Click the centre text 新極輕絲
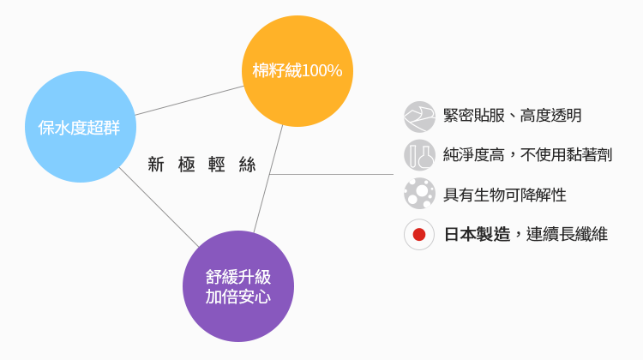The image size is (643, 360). click(202, 165)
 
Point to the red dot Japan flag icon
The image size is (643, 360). click(419, 234)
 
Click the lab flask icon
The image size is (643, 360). click(419, 155)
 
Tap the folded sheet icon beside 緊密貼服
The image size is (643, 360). click(419, 116)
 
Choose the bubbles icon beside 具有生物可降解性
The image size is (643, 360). click(419, 194)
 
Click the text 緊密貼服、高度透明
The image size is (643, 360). click(513, 116)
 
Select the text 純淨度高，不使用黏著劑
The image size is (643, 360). click(527, 155)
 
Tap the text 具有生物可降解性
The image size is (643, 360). click(505, 195)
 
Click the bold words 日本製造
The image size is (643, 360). click(477, 234)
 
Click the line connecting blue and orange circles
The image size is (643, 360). click(189, 100)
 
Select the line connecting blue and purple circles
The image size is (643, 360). click(159, 206)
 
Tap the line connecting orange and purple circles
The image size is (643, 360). click(268, 177)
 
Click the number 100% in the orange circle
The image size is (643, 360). click(322, 71)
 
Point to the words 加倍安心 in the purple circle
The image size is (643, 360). click(238, 297)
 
